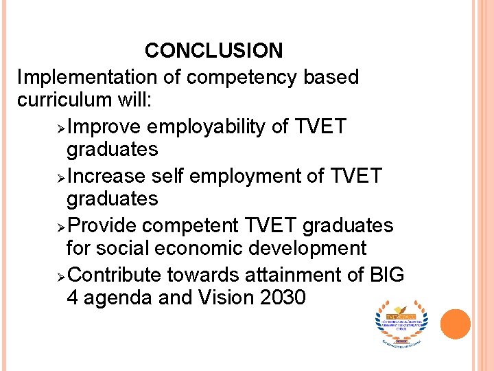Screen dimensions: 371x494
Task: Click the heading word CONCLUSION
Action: [x=213, y=51]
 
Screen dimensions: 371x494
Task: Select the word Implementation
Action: [x=88, y=77]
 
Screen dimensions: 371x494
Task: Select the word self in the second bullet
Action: [x=167, y=177]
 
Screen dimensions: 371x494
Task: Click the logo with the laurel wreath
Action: [x=401, y=322]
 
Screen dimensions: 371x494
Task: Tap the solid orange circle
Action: [x=455, y=324]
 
